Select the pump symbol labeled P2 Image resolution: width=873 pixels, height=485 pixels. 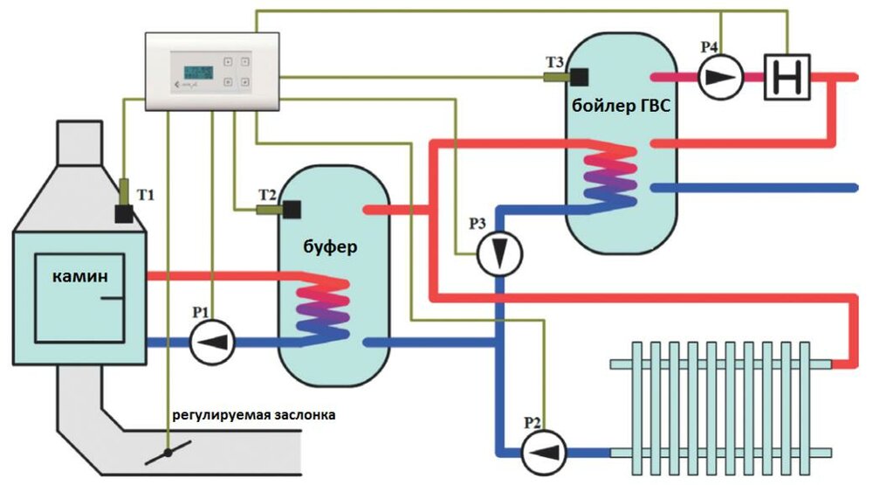[544, 451]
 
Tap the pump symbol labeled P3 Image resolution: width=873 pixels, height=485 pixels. [499, 253]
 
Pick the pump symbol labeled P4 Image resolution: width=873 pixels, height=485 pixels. [721, 77]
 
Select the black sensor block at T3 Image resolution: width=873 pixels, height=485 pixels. [577, 77]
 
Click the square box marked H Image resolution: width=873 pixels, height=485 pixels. [787, 77]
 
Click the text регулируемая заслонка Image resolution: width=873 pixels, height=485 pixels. [252, 413]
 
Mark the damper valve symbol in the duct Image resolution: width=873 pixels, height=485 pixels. [168, 454]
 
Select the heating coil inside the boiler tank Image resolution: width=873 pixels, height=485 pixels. [610, 179]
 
